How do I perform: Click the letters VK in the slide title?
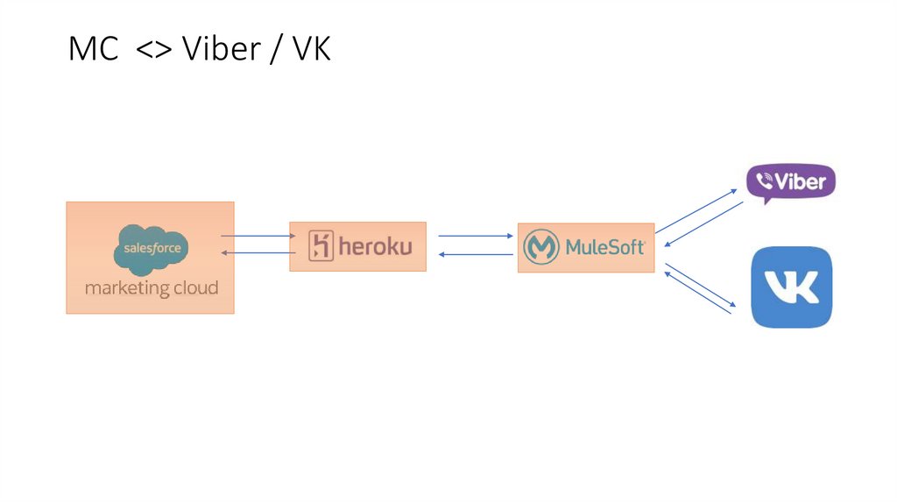[311, 50]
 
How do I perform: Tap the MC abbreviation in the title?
[93, 50]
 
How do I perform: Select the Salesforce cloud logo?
[152, 249]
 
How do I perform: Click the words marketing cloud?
[152, 288]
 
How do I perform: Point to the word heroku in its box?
[375, 246]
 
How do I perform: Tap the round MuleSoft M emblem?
[541, 248]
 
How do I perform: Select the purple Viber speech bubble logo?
[791, 183]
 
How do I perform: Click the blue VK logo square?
[792, 287]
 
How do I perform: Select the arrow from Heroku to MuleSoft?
[475, 236]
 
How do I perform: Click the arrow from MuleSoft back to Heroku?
[475, 254]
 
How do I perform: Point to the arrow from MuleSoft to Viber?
[696, 210]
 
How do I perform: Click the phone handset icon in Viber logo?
[765, 181]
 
